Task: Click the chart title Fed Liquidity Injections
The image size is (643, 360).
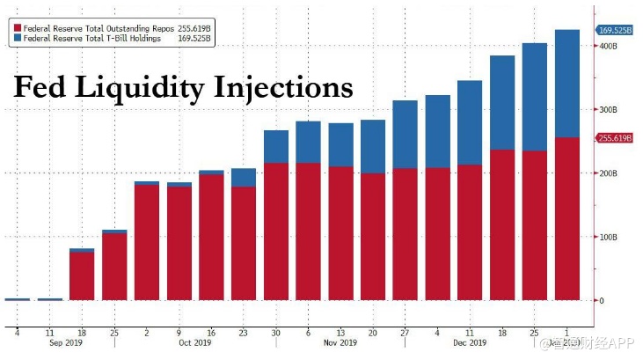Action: [182, 88]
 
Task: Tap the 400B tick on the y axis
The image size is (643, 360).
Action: [609, 46]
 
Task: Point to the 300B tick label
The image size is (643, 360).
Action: [609, 110]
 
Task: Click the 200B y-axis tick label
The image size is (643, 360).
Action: [609, 173]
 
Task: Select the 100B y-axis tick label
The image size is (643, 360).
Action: [609, 237]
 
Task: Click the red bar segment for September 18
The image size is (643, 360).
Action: [82, 276]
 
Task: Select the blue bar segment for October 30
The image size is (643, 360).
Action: [276, 146]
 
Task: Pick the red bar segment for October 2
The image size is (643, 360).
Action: [147, 242]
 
